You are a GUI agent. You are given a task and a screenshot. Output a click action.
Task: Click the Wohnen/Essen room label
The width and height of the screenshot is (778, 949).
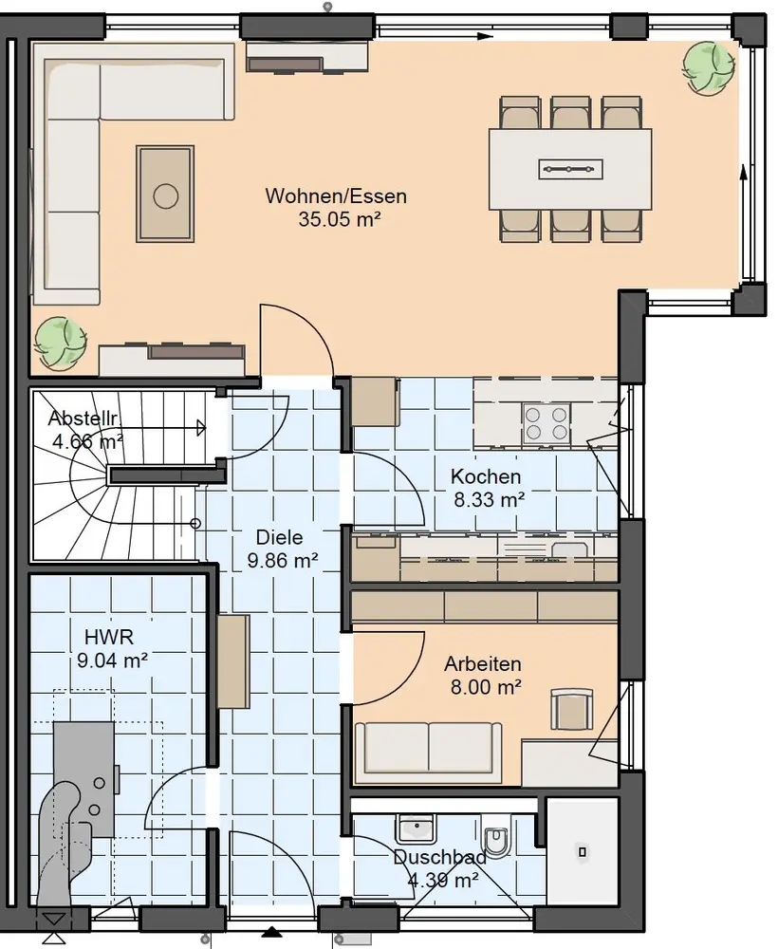pos(336,196)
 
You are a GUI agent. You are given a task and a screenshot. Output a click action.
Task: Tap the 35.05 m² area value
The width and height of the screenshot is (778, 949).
pos(340,219)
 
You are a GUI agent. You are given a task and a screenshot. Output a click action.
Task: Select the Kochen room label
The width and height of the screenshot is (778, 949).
pos(486,476)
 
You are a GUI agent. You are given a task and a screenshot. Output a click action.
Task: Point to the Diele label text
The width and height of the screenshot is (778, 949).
pos(280,537)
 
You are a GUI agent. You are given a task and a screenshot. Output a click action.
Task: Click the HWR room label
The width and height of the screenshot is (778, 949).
pos(109,637)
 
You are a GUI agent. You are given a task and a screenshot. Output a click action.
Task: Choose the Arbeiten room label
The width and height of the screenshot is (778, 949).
pos(483,664)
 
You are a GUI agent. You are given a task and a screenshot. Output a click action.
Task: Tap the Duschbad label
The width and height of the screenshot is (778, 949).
pos(440,857)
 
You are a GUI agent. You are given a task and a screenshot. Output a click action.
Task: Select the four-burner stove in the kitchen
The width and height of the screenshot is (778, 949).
pos(546,422)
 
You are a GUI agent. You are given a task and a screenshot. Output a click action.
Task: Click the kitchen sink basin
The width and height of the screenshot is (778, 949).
pos(568,549)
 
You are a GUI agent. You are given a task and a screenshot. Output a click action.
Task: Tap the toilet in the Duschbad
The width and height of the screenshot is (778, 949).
pos(496,837)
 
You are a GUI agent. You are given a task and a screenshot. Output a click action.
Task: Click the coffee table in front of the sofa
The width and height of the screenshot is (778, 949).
pos(165,194)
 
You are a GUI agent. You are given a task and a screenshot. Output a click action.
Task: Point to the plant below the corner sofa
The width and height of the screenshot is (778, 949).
pos(61,343)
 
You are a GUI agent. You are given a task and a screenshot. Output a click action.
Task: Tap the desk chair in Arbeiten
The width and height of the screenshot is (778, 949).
pos(570,709)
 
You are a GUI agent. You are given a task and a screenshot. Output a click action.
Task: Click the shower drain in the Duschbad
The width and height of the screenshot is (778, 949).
pos(582,851)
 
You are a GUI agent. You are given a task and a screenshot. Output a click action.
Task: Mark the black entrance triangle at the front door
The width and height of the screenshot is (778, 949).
pos(272,932)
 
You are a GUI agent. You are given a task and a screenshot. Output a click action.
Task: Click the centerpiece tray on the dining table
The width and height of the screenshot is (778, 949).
pos(570,169)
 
